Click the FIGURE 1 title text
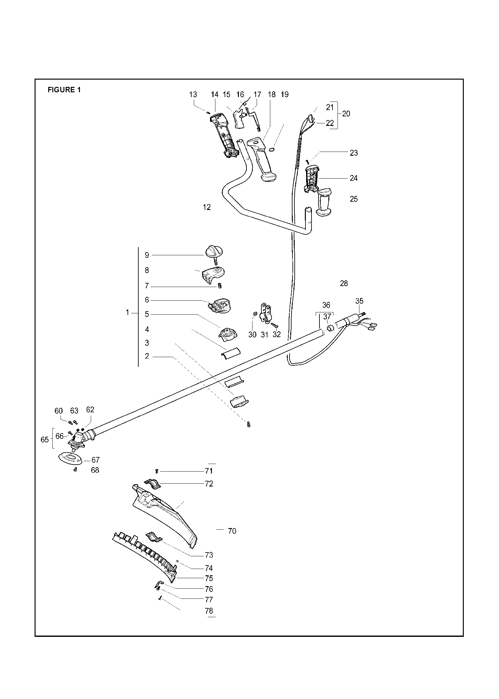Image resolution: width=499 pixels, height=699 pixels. [x=64, y=90]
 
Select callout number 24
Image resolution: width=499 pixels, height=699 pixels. [x=353, y=178]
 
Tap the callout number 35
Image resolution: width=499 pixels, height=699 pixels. [x=359, y=301]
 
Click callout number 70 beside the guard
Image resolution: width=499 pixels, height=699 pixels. [x=232, y=531]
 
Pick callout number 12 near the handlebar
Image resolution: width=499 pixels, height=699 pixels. [x=207, y=207]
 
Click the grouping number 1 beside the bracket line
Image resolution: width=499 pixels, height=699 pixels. [x=128, y=312]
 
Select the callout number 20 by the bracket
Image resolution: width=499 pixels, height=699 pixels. [x=346, y=114]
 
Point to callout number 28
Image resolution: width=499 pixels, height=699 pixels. [x=344, y=284]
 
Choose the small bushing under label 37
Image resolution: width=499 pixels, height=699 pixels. [x=330, y=328]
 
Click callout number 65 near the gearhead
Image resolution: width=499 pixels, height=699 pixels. [x=45, y=440]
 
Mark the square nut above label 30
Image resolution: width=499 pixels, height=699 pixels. [x=254, y=314]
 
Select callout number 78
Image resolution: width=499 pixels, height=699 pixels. [x=209, y=611]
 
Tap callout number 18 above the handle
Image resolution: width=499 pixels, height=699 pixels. [x=272, y=95]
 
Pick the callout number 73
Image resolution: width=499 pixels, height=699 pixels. [x=209, y=555]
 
